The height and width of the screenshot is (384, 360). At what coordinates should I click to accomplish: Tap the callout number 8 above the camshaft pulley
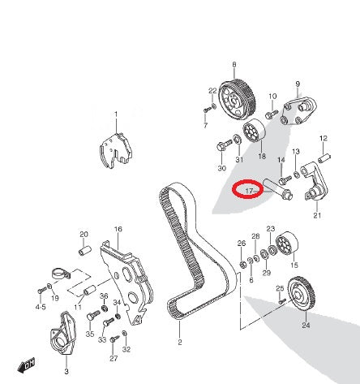click(x=234, y=65)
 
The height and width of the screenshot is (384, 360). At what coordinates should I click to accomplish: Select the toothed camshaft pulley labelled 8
click(x=237, y=101)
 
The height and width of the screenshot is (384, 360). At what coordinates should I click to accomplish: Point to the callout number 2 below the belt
click(x=180, y=343)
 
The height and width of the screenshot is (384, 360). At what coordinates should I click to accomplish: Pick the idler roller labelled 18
click(x=255, y=131)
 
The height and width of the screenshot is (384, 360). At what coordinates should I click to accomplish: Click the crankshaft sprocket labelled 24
click(x=300, y=294)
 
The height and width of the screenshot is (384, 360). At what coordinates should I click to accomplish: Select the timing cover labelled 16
click(x=126, y=282)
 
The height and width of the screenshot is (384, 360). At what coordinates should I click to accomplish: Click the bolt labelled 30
click(x=224, y=145)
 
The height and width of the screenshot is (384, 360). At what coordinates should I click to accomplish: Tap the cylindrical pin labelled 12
click(x=324, y=158)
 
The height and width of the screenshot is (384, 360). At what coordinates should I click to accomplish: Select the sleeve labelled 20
click(x=85, y=251)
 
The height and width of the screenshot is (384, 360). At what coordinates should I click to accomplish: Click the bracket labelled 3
click(x=62, y=334)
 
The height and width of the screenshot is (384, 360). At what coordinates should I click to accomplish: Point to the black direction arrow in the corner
click(x=26, y=365)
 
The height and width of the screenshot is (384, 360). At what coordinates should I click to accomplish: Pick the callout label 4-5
click(x=41, y=307)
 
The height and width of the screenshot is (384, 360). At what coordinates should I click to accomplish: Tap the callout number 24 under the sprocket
click(x=306, y=325)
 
